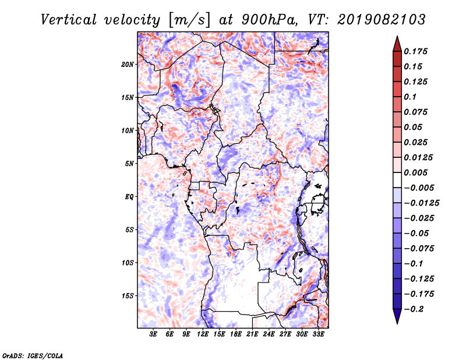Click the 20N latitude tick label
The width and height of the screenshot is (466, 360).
pos(128,65)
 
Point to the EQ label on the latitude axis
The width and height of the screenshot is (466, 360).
pos(129,197)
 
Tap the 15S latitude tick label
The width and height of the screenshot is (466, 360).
pos(128,296)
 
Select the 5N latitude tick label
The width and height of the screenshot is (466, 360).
pos(129,164)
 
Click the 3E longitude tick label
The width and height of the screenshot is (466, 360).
pos(153,334)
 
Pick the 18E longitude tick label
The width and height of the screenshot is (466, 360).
pos(236,334)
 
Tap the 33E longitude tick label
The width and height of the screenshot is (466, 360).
pos(318,334)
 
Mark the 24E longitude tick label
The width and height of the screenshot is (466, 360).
pos(269,334)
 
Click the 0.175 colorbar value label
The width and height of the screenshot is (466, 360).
pos(415,51)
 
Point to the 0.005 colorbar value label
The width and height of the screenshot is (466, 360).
pos(415,172)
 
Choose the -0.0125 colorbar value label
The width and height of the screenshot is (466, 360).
pos(421,203)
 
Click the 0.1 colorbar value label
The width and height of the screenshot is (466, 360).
pos(410,97)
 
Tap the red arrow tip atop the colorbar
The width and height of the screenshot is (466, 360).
pos(397,37)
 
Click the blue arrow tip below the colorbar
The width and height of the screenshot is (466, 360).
pos(397,323)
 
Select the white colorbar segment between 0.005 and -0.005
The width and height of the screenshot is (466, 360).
pos(397,180)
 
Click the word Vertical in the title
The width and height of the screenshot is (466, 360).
pos(69,20)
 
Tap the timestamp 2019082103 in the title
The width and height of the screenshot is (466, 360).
pos(382,20)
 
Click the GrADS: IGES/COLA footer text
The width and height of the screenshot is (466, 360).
pos(33,355)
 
